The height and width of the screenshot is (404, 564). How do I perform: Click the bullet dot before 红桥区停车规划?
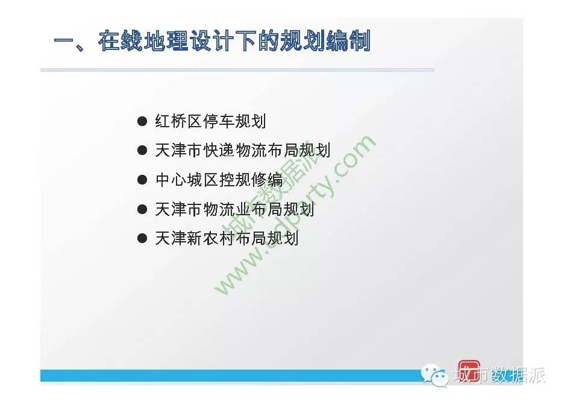[x=142, y=121]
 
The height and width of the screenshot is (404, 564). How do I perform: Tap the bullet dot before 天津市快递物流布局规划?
[x=142, y=150]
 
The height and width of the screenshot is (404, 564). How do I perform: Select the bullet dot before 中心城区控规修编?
[x=142, y=179]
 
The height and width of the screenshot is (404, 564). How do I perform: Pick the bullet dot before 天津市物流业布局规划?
[x=142, y=209]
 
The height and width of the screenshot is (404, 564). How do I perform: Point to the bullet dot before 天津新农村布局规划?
[x=142, y=238]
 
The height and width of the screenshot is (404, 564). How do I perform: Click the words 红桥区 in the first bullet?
[x=178, y=121]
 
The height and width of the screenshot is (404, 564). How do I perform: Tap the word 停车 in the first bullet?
[x=218, y=121]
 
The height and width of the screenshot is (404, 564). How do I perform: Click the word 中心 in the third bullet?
[x=171, y=179]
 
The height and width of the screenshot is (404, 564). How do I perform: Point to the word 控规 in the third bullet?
[x=234, y=179]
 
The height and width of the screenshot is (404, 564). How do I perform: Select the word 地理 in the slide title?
[x=166, y=40]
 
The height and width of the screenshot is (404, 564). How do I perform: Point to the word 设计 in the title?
[x=211, y=40]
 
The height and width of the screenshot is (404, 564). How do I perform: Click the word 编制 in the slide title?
[x=348, y=40]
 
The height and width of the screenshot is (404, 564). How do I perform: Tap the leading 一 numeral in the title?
[x=64, y=40]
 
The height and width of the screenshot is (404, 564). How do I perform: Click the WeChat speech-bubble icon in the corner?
[x=434, y=375]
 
